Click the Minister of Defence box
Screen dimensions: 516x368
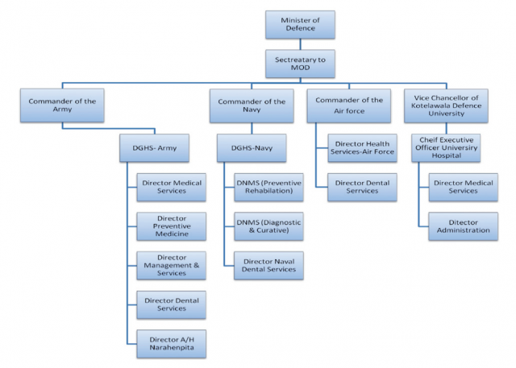300,25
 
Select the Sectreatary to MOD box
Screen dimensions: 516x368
300,64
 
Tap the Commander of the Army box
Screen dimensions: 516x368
62,105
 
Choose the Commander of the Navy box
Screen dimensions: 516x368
252,105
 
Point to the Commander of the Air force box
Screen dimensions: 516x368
349,105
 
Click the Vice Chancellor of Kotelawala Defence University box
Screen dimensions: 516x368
446,105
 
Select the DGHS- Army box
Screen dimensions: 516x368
154,148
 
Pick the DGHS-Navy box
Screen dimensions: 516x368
252,148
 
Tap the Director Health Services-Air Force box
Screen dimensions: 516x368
362,148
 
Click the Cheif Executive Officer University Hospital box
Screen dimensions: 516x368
446,148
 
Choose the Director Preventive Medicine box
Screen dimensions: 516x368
172,226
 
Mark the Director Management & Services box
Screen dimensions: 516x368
172,266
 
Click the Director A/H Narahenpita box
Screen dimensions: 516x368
172,344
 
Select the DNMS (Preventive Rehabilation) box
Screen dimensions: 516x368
268,188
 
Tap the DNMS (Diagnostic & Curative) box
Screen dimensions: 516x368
268,226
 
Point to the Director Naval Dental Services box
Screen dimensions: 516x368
268,266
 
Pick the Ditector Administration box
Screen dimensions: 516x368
464,226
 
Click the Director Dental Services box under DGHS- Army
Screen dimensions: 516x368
172,304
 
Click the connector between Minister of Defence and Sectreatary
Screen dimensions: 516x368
300,44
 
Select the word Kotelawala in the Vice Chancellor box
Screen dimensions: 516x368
427,105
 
